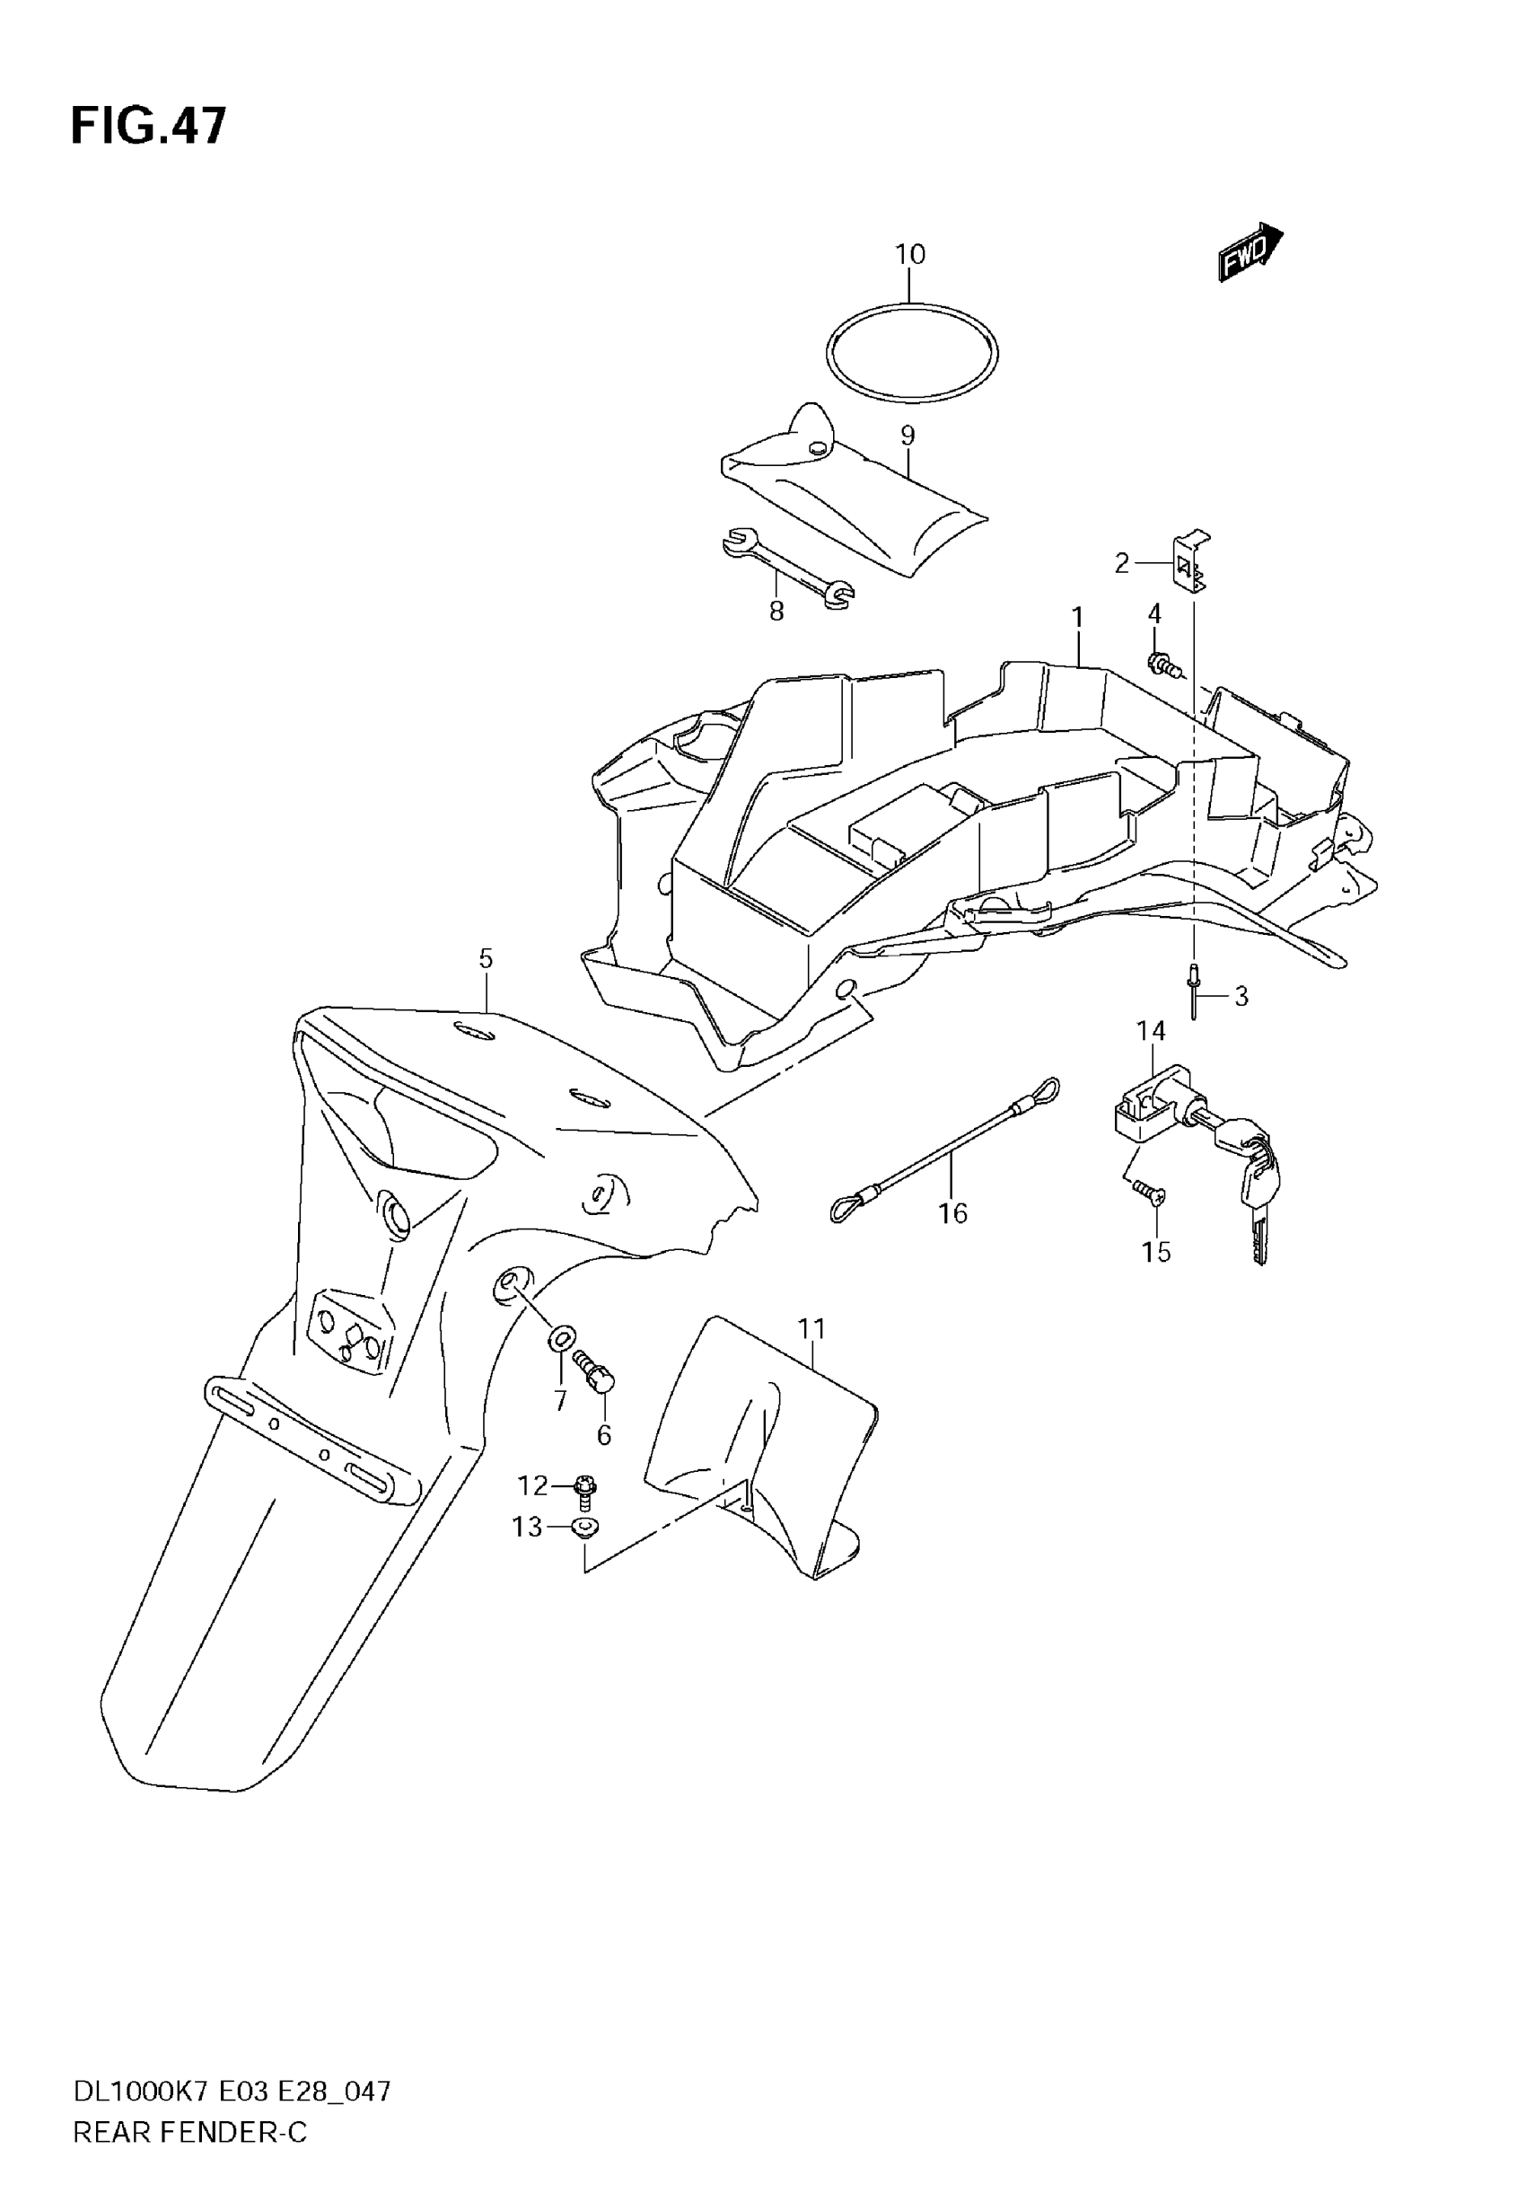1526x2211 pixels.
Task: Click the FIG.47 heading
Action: (x=148, y=127)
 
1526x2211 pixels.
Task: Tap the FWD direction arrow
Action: (x=1249, y=251)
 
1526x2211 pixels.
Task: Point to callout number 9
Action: (x=908, y=436)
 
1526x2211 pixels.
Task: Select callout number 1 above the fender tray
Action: (x=1077, y=618)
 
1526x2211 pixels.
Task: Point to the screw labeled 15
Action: (x=1144, y=1190)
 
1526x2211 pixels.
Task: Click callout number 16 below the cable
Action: (x=952, y=1212)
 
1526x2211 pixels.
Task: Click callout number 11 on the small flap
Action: (x=811, y=1328)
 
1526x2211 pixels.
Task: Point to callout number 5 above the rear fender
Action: (x=486, y=957)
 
